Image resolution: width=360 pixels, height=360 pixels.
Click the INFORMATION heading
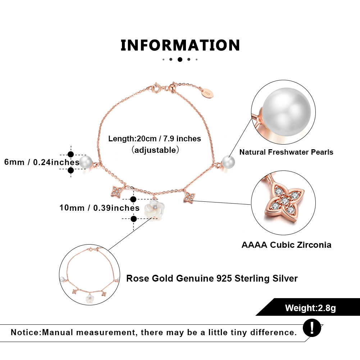[x=180, y=46]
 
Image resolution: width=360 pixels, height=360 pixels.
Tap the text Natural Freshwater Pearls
[x=286, y=152]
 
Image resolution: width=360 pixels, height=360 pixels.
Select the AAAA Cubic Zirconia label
[x=286, y=245]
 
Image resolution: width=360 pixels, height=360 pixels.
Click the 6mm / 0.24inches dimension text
[x=42, y=162]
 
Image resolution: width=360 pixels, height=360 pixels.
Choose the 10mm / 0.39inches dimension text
[x=99, y=208]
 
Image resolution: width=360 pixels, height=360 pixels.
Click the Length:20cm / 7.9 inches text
[x=155, y=138]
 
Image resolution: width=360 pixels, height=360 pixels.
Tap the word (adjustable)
[x=155, y=150]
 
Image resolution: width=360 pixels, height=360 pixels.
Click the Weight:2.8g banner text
[x=310, y=308]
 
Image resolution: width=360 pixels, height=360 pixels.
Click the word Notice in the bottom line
[x=26, y=332]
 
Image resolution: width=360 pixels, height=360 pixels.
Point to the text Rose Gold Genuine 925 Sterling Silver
[x=212, y=278]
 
